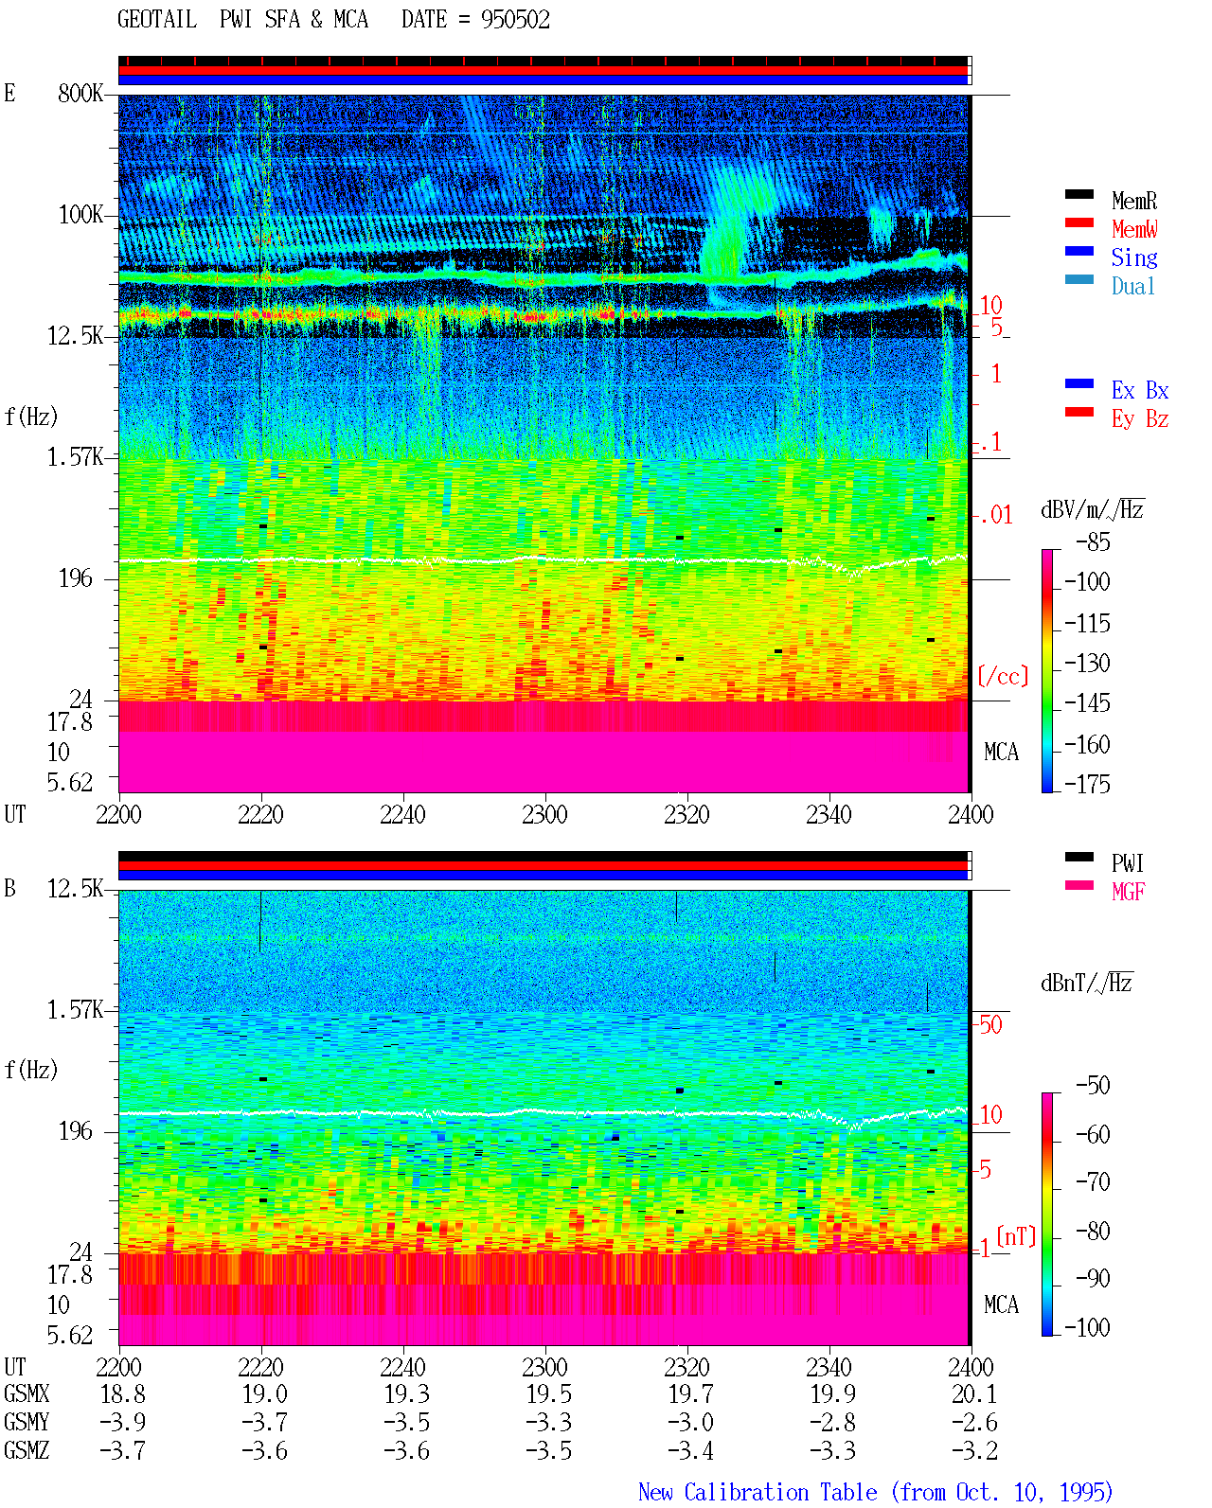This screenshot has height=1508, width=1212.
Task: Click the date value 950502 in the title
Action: click(x=515, y=20)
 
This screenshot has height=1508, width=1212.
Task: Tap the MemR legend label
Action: click(x=1133, y=201)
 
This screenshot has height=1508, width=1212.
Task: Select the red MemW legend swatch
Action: click(x=1078, y=222)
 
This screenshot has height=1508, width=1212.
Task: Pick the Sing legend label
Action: click(x=1133, y=257)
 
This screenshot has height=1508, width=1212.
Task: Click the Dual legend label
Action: click(x=1132, y=286)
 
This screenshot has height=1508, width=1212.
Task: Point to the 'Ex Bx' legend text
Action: click(x=1139, y=390)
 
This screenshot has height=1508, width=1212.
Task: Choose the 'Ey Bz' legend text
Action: click(x=1139, y=419)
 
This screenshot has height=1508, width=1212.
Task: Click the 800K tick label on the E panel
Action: click(x=80, y=93)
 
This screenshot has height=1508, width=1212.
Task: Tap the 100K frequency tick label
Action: click(x=80, y=215)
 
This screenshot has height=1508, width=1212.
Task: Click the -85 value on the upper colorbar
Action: click(x=1093, y=541)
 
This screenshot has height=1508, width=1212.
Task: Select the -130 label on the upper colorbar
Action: click(x=1087, y=663)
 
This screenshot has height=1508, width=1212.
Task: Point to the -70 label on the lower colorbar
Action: click(x=1093, y=1182)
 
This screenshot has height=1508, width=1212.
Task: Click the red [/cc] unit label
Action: click(x=1003, y=676)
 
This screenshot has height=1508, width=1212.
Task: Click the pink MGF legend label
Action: click(x=1128, y=892)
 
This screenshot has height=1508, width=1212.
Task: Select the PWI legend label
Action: click(x=1127, y=863)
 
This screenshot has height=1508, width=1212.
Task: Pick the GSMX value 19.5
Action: click(x=548, y=1394)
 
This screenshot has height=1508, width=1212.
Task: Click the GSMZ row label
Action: click(x=27, y=1450)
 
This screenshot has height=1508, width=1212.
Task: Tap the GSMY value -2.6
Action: click(x=973, y=1423)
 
